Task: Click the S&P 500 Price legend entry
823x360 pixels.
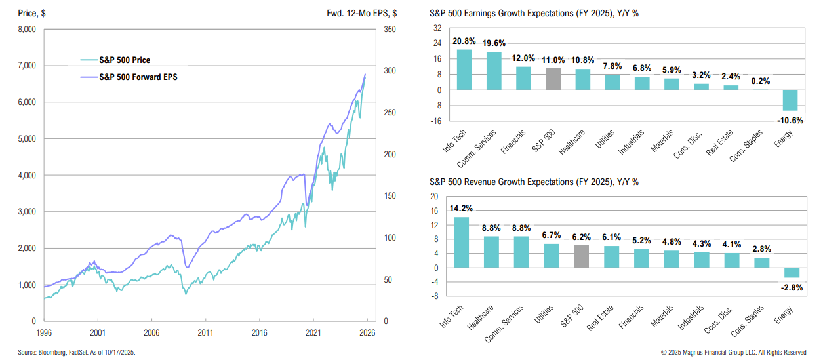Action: tap(125, 60)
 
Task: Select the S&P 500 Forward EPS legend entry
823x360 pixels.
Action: tap(138, 77)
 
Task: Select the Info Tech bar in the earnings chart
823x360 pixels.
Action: tap(464, 70)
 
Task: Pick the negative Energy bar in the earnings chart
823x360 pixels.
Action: tap(790, 100)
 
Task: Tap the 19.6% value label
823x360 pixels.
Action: tap(494, 43)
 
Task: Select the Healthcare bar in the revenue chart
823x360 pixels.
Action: tap(492, 252)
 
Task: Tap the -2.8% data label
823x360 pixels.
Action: tap(792, 287)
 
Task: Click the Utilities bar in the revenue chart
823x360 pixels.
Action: tap(552, 256)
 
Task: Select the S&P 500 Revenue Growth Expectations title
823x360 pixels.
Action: tap(534, 182)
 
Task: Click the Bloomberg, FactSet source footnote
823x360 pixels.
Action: tap(76, 352)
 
